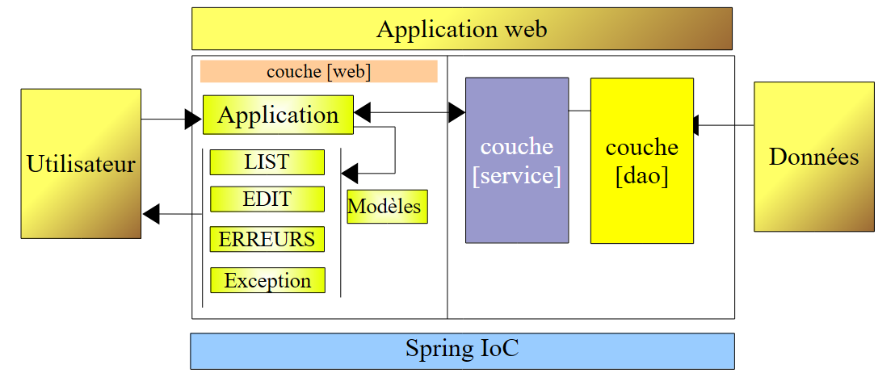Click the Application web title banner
[x=461, y=29]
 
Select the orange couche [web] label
[x=318, y=71]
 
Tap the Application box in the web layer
[x=278, y=115]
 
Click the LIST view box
[x=267, y=161]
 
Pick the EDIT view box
[x=267, y=199]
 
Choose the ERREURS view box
[x=267, y=239]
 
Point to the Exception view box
[x=267, y=280]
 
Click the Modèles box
[x=384, y=207]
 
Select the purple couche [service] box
[x=516, y=160]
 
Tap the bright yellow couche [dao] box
[x=641, y=160]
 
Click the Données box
[x=813, y=157]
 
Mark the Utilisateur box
[x=81, y=164]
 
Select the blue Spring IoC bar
[x=462, y=350]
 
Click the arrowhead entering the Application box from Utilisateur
[x=193, y=120]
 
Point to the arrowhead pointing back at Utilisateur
[x=151, y=214]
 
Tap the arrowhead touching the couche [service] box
[x=457, y=113]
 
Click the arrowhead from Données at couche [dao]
[x=697, y=125]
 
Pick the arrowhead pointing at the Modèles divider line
[x=349, y=173]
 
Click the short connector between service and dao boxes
[x=579, y=110]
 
